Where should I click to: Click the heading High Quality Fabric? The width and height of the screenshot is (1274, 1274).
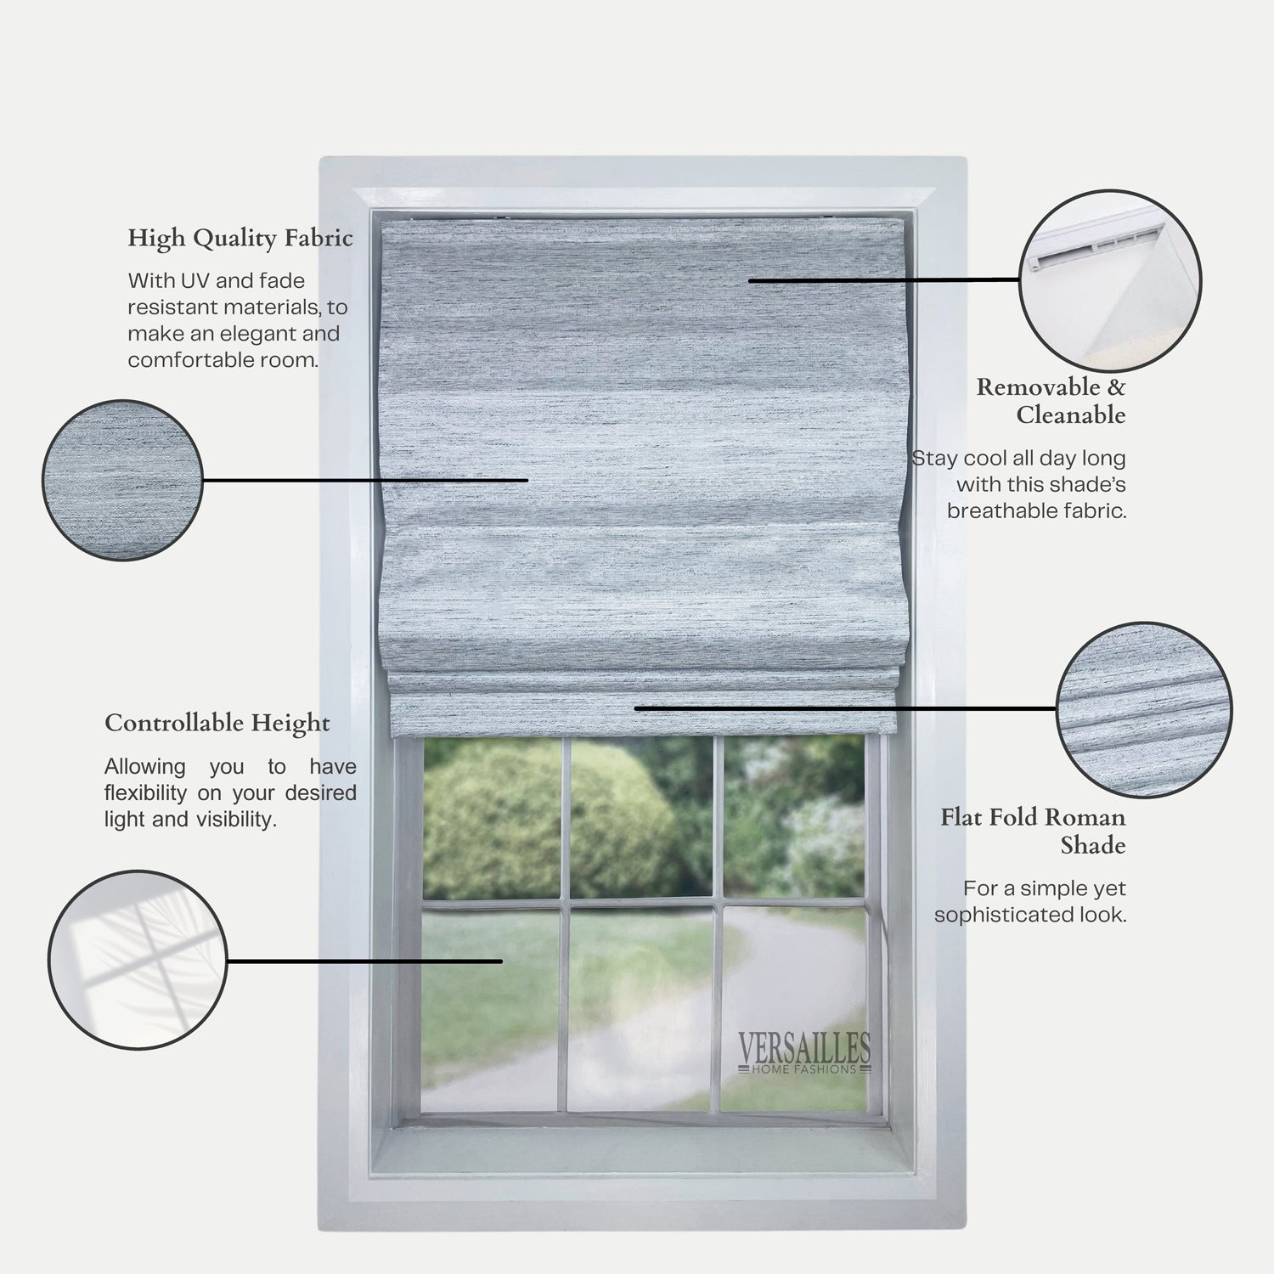coord(240,239)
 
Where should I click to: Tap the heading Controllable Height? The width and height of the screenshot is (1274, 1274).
coord(217,724)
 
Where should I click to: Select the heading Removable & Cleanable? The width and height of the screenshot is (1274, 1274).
coord(1051,401)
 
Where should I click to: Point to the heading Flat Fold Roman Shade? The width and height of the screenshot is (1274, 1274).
coord(1034,831)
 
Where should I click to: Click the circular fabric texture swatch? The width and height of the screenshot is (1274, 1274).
coord(123,480)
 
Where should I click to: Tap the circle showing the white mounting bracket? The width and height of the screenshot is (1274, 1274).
coord(1109,279)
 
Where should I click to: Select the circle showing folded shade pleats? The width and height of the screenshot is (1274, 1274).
coord(1143,709)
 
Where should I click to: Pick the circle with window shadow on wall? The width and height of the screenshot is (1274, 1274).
coord(138,959)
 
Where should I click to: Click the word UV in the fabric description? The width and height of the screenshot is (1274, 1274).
coord(195,281)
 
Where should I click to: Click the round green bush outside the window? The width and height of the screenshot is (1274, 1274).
coord(493,815)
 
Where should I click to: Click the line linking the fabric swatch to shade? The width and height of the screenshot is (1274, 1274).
coord(365,480)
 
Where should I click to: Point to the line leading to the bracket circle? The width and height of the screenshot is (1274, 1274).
coord(883,279)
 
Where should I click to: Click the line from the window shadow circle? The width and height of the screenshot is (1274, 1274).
coord(365,961)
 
